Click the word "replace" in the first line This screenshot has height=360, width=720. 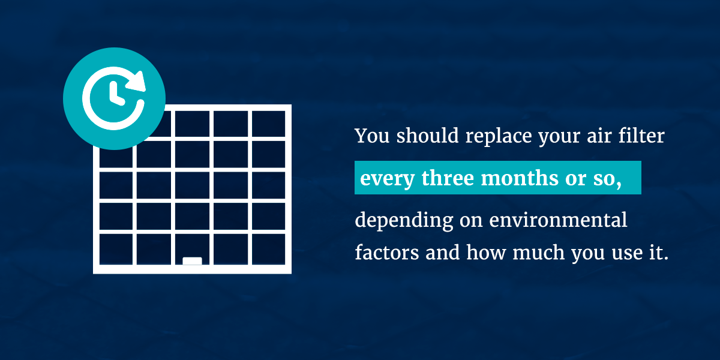pos(499,136)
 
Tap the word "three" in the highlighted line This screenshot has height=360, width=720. pos(448,178)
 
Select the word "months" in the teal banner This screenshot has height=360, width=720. pos(520,178)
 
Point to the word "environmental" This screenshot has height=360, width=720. pos(558,220)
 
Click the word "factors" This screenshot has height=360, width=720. pos(387,253)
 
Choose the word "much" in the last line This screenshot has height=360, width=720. pos(538,253)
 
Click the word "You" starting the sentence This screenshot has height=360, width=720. pos(372,136)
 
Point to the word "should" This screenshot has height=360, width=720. pos(427,136)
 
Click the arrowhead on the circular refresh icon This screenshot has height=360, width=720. pos(137,81)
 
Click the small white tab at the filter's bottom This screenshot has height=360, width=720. pos(192,261)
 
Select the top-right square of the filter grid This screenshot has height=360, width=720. pos(268,124)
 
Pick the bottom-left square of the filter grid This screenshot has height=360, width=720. pos(116,249)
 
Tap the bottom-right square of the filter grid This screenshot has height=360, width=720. pos(268,249)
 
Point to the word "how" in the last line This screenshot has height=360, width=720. pos(486,253)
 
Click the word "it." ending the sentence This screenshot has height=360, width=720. pos(659,253)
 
